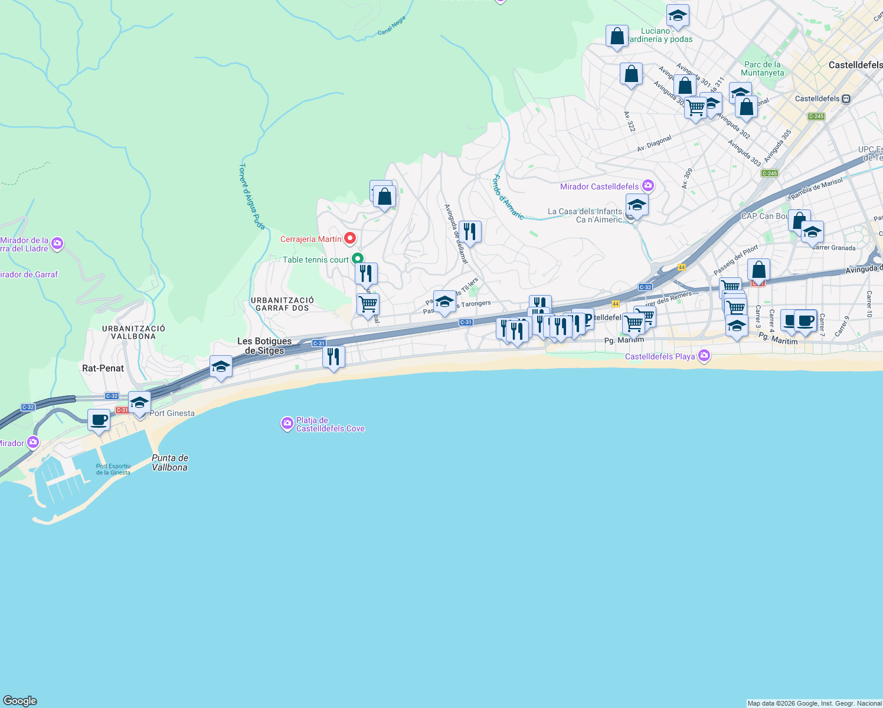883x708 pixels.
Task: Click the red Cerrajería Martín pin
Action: (x=350, y=238)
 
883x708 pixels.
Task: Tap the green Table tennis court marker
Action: (x=357, y=259)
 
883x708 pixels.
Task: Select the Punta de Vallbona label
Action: (x=170, y=463)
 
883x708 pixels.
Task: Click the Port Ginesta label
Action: (x=172, y=413)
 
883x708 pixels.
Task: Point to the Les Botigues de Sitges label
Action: (x=264, y=346)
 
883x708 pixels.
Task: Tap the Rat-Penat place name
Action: (x=103, y=368)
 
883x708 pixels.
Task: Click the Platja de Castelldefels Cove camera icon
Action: (x=287, y=424)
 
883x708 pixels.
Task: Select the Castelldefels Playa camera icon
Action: (x=704, y=356)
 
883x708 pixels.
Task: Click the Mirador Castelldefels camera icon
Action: (x=648, y=186)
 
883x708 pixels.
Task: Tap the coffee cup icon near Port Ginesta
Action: (x=99, y=421)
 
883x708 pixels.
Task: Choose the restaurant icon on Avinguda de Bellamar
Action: (x=470, y=232)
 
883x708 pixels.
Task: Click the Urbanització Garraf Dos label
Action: (x=282, y=304)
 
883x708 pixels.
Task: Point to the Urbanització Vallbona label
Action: (x=133, y=332)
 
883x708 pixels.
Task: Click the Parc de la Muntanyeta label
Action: (x=763, y=68)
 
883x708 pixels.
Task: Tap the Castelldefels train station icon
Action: (x=846, y=99)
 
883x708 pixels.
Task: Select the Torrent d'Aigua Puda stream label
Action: (x=252, y=196)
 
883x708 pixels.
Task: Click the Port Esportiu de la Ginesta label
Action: (x=113, y=469)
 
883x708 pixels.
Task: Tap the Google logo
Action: (x=20, y=701)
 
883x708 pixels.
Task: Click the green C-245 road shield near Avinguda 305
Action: (x=770, y=173)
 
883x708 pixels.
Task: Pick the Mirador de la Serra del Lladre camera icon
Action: (x=57, y=243)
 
